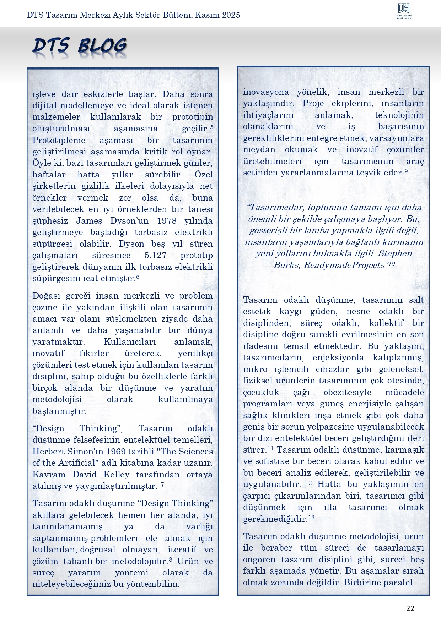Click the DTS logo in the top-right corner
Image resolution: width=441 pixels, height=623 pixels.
pos(404,11)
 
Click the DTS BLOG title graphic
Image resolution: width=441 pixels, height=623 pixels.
pos(80,47)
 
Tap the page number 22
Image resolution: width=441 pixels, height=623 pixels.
pos(410,608)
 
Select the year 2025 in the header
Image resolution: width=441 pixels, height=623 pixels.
pos(231,15)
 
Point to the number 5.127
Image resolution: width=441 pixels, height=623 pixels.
pos(155,255)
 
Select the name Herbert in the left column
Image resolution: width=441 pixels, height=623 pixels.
pos(48,452)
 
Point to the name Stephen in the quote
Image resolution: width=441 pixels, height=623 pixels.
pos(395,253)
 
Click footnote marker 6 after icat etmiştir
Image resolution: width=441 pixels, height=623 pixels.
pos(138,277)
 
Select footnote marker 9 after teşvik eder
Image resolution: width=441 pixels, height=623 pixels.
pos(406,171)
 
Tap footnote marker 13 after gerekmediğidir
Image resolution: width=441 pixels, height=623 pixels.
pos(311,518)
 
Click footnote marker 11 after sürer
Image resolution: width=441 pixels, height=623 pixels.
pos(270,448)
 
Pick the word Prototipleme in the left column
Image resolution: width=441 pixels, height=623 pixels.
pos(59,140)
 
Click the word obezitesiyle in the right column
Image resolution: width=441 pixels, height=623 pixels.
pos(347,392)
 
